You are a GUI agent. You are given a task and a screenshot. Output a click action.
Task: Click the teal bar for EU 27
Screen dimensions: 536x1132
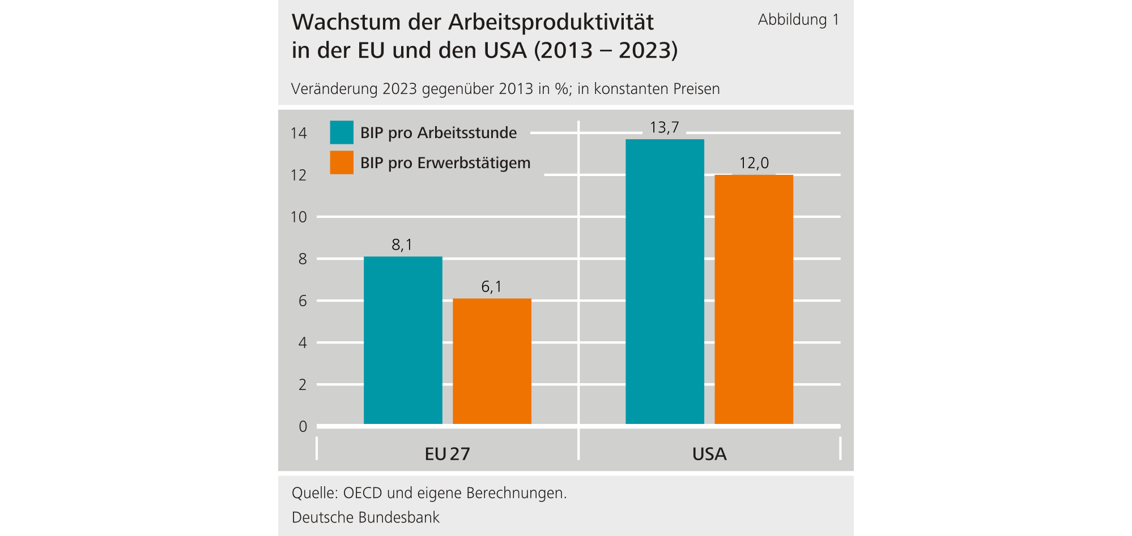click(403, 340)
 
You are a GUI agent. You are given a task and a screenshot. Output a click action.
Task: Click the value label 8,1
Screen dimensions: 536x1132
click(402, 245)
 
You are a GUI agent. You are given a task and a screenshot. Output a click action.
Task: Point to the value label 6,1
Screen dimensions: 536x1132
click(491, 286)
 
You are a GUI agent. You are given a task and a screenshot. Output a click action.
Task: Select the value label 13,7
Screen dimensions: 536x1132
click(664, 127)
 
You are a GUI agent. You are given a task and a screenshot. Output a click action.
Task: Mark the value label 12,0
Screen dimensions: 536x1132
click(754, 163)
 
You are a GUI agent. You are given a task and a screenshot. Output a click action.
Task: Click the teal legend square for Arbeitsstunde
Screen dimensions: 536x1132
click(342, 132)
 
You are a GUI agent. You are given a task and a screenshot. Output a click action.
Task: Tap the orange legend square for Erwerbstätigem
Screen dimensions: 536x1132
click(342, 162)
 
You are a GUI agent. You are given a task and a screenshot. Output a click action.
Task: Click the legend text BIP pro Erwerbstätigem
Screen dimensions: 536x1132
click(445, 163)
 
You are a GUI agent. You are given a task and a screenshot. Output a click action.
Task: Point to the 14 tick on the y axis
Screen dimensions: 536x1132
click(299, 133)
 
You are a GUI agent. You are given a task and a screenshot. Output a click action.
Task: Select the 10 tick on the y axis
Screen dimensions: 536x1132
click(299, 217)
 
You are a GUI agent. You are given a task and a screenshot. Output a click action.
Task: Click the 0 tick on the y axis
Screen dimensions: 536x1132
click(303, 426)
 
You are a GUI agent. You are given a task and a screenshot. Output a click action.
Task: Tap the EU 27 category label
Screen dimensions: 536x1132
click(447, 454)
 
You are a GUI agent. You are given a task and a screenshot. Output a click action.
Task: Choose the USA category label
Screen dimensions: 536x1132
click(709, 454)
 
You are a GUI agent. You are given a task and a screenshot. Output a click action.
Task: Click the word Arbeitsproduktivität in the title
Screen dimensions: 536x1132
click(551, 23)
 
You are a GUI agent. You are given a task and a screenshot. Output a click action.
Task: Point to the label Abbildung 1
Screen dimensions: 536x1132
click(798, 20)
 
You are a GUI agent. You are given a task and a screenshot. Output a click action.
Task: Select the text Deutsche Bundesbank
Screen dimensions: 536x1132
click(365, 517)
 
